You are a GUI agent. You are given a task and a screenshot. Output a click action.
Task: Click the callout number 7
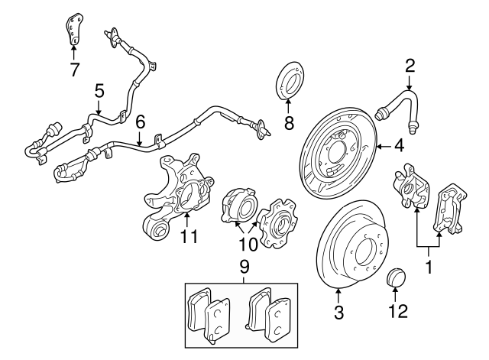coord(73,70)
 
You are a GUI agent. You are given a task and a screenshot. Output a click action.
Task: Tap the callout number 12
coord(397,311)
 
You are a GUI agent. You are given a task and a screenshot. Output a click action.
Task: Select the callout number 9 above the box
coord(244,268)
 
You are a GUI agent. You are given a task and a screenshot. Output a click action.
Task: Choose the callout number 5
coord(99,92)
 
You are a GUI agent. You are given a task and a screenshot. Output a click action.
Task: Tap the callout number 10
coord(249,245)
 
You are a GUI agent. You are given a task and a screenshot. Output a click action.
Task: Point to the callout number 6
coord(140,120)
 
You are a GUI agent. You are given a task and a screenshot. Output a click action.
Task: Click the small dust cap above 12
coord(397,277)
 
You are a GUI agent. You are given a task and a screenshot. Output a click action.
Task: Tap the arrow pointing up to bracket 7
coord(73,52)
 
